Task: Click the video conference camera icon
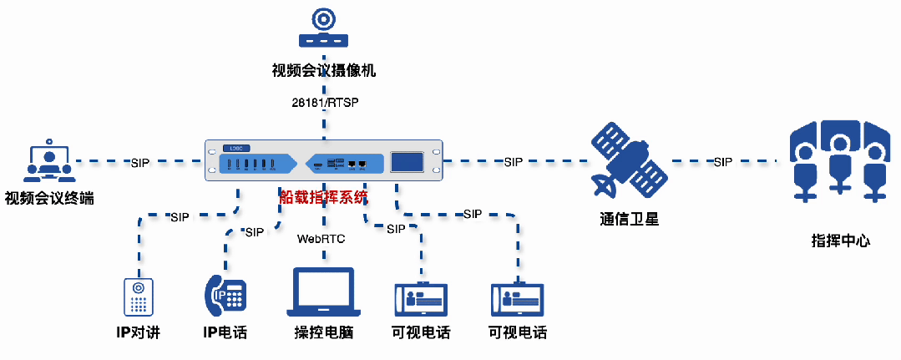(x=323, y=28)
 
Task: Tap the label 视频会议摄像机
(x=323, y=71)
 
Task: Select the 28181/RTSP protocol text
(x=324, y=103)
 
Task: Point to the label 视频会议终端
(x=48, y=198)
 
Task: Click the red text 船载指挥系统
(x=323, y=197)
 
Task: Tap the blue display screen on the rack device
(x=407, y=162)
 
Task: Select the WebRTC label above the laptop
(x=321, y=239)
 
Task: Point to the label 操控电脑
(x=323, y=332)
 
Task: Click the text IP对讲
(x=138, y=332)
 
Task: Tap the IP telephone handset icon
(x=225, y=294)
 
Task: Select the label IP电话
(x=225, y=332)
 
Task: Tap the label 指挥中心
(x=840, y=241)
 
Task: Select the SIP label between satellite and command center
(x=722, y=161)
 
